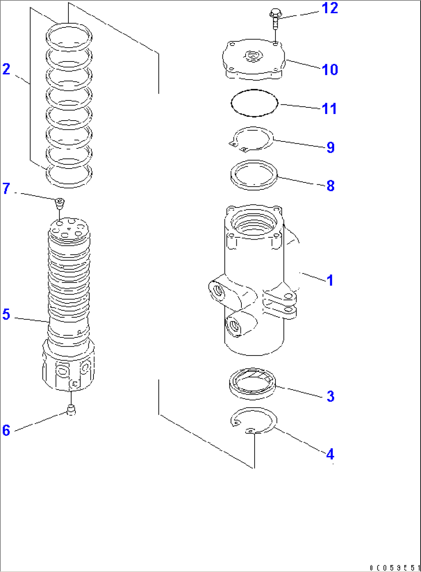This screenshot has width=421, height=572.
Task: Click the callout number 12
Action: point(329,8)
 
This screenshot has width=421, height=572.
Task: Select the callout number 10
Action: point(329,70)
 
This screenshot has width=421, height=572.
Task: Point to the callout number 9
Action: point(330,147)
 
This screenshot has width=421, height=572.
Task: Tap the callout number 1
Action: point(330,280)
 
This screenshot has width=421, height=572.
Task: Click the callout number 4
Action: point(330,454)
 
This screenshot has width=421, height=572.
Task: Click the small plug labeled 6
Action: point(71,410)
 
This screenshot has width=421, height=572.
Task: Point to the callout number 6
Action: point(6,430)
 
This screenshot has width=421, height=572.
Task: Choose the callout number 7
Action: point(6,189)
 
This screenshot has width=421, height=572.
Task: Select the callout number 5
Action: point(6,314)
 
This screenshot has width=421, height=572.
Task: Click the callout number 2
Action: point(6,70)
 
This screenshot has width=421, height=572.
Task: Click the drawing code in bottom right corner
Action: point(394,567)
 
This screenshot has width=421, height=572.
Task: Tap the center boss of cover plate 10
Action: point(253,56)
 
